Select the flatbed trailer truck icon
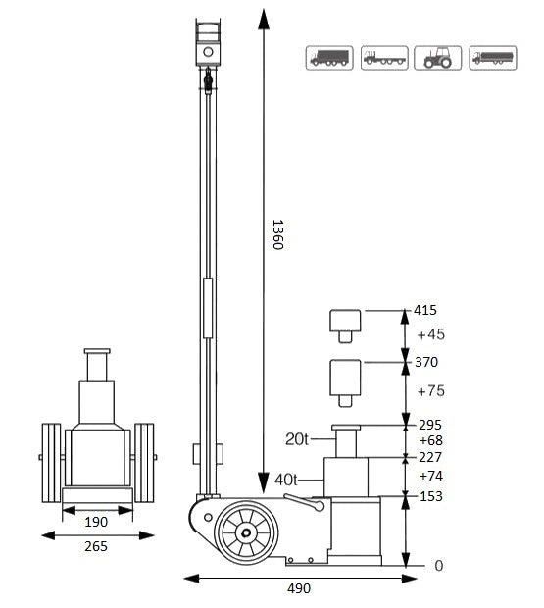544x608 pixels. point(383,57)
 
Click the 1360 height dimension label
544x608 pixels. point(276,232)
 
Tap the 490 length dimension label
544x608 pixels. point(300,588)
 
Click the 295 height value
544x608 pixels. point(430,426)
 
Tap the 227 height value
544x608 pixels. point(430,457)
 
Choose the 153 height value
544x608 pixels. point(430,496)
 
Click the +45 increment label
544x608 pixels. point(430,334)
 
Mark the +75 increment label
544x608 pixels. point(430,390)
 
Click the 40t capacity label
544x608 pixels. point(286,480)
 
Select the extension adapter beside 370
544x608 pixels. point(344,380)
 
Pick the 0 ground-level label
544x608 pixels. point(439,567)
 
